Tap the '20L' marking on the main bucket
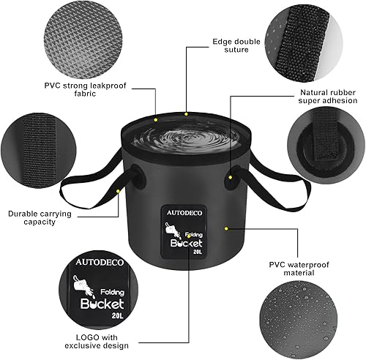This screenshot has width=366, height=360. click(197, 251)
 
